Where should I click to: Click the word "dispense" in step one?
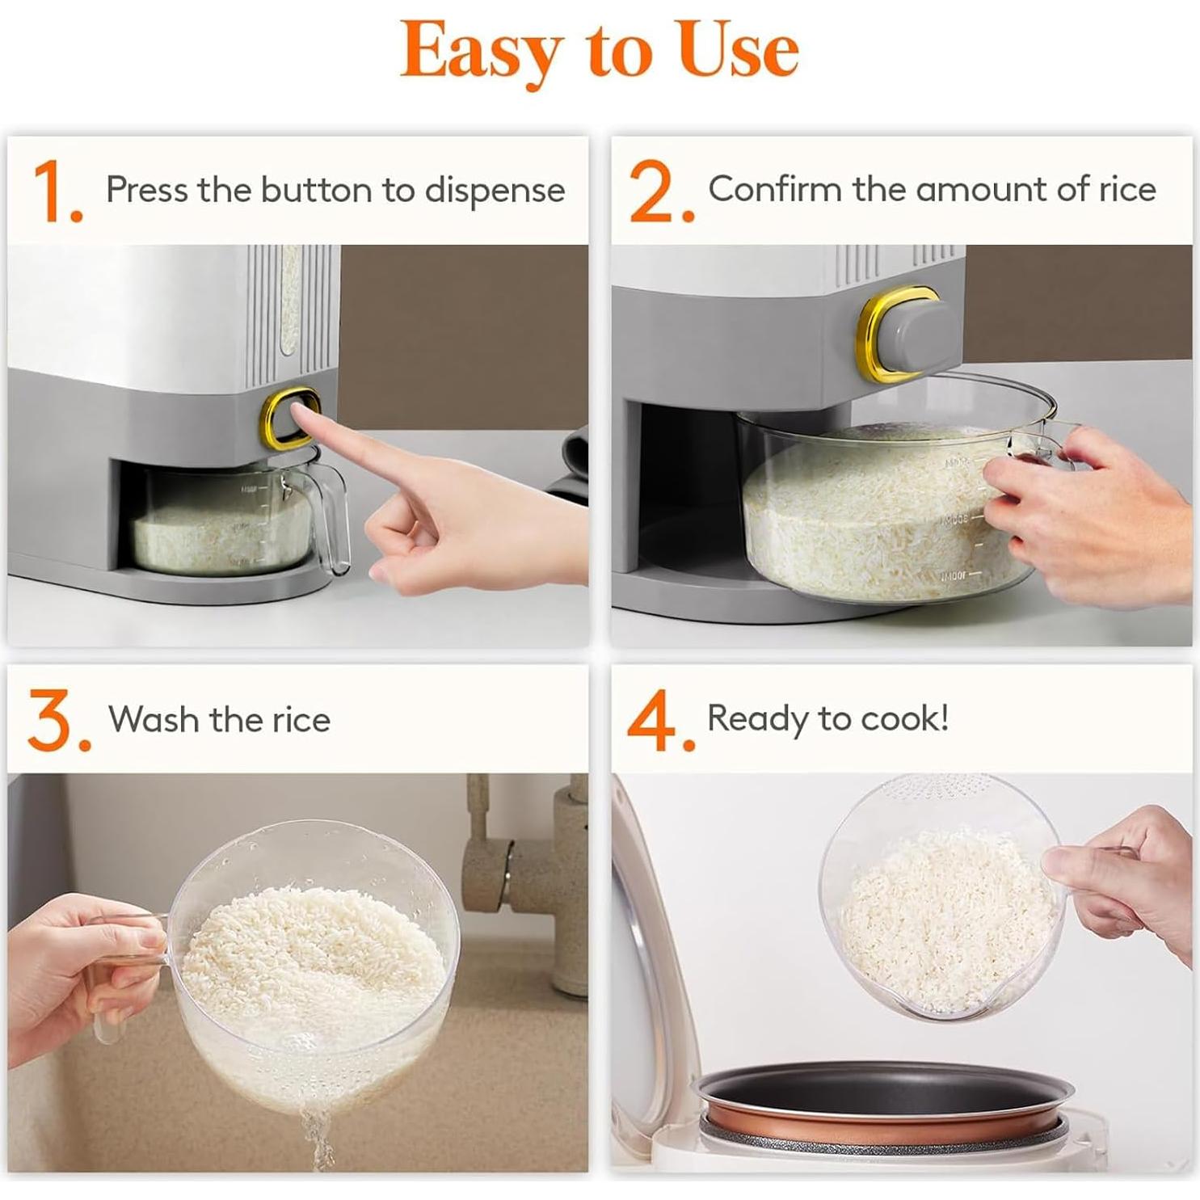pyautogui.click(x=495, y=192)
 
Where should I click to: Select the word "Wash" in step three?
pyautogui.click(x=154, y=719)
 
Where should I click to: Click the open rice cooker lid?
pyautogui.click(x=646, y=970)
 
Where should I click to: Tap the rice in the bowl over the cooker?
pyautogui.click(x=941, y=921)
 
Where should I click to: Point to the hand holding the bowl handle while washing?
pyautogui.click(x=73, y=970)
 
